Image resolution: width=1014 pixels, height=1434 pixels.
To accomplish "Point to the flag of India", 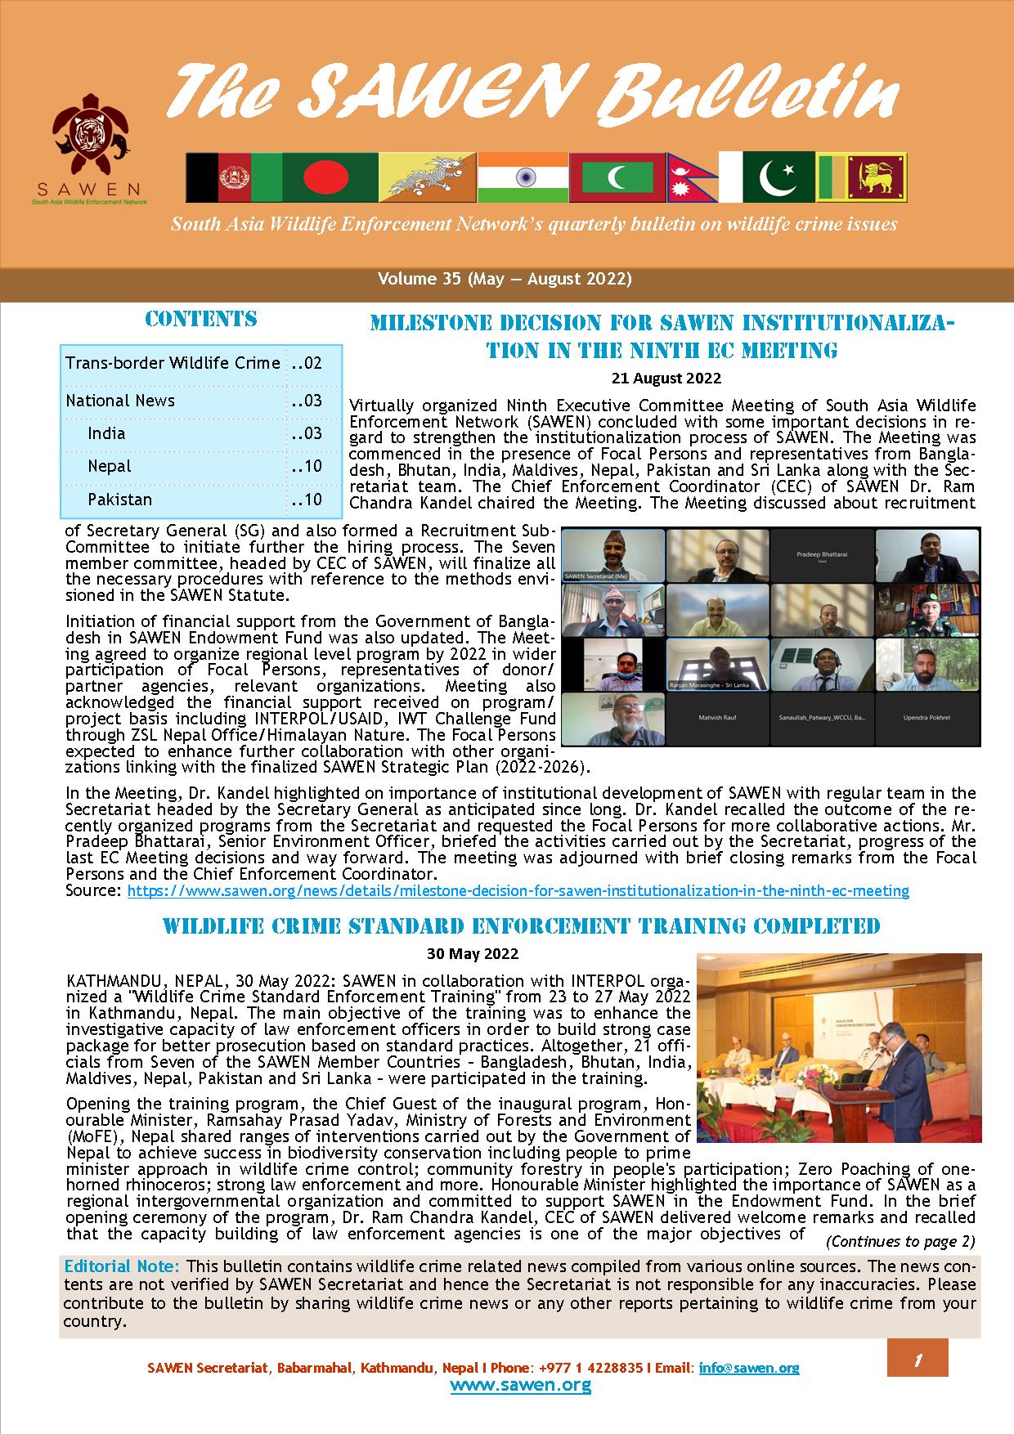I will tap(522, 177).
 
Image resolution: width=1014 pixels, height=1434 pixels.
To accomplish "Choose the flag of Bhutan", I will tap(428, 177).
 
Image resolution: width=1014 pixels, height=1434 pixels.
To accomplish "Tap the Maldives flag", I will tap(617, 177).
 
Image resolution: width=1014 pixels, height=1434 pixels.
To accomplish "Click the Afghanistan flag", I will tap(233, 177).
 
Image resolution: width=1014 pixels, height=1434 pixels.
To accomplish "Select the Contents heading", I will tap(200, 319).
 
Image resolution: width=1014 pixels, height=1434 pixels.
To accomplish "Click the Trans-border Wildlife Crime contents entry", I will tap(173, 363).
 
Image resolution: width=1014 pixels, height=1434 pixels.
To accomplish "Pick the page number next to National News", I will tap(307, 401).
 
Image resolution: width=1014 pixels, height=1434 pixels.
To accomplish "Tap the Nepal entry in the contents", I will tap(110, 466).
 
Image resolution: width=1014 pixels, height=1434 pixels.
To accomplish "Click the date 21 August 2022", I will tap(666, 378).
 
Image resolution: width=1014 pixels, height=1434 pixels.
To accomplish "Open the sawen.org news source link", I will tap(518, 890).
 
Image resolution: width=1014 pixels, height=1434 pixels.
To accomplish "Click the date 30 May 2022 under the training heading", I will tap(473, 953).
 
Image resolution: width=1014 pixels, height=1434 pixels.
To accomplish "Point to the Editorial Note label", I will tap(121, 1266).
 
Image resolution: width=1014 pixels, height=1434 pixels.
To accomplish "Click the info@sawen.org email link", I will tap(749, 1367).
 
